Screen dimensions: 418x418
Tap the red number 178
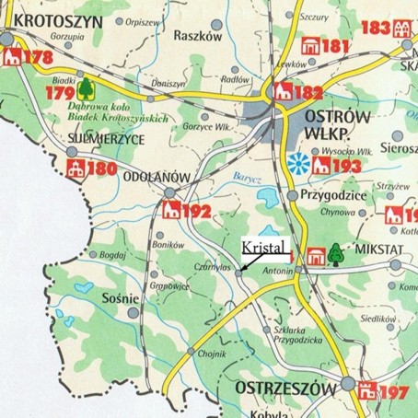point(38,59)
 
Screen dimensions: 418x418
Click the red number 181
point(338,46)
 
